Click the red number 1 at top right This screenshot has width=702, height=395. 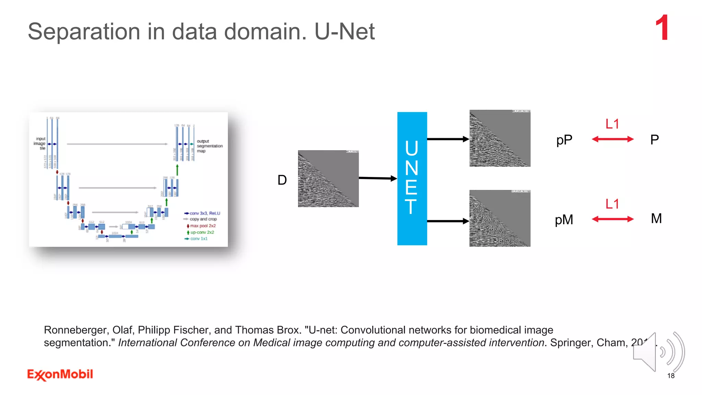[x=662, y=28]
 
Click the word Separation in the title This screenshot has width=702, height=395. [x=84, y=32]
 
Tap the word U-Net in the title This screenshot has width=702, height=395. [x=344, y=32]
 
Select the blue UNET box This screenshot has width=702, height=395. [x=412, y=178]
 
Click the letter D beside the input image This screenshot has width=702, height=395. [x=282, y=180]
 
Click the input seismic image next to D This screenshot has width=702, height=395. [x=328, y=178]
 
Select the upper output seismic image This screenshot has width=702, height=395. [x=500, y=138]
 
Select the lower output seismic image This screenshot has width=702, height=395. [x=500, y=218]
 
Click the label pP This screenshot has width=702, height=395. [x=564, y=140]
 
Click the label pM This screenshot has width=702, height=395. [x=564, y=220]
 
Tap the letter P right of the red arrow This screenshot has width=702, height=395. [x=654, y=140]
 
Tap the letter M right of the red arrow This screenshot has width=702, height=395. [x=656, y=218]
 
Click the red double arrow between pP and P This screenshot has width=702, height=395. [x=613, y=139]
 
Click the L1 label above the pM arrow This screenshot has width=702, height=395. [x=612, y=204]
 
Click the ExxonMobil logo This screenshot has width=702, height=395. [x=60, y=374]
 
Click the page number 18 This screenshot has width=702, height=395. [x=671, y=376]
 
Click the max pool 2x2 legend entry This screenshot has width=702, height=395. [x=202, y=226]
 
